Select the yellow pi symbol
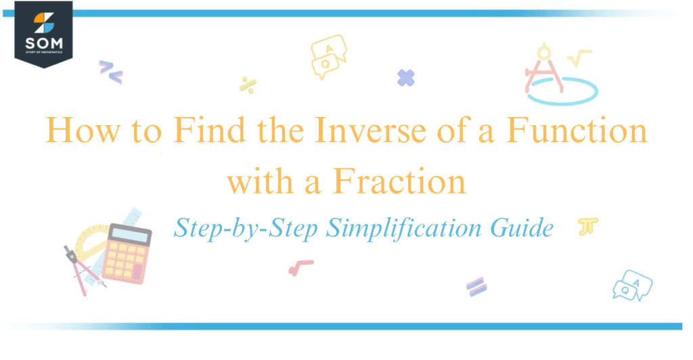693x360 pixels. click(x=584, y=227)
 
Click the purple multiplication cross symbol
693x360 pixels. click(x=406, y=78)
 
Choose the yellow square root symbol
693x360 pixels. click(x=579, y=58)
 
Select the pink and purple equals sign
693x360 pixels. click(x=476, y=286)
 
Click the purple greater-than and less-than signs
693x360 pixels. click(x=110, y=72)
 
